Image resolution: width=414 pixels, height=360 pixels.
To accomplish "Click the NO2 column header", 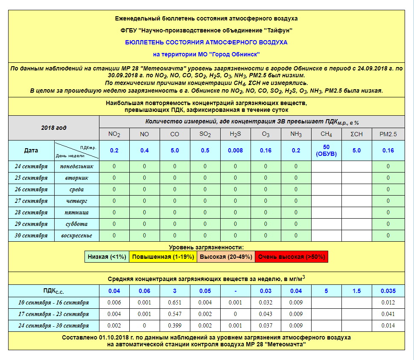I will point(114,134).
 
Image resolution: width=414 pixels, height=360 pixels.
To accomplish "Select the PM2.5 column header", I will point(388,134).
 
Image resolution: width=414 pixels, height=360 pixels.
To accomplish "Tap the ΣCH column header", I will point(356,134).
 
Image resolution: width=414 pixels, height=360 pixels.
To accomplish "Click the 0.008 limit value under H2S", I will point(236,150).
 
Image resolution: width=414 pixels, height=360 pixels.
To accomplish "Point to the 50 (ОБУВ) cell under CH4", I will point(326,150).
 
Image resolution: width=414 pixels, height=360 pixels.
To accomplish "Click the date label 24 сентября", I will point(31,166).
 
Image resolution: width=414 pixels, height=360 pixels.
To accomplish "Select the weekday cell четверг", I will point(77,201).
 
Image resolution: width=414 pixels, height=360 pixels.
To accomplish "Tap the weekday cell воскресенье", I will point(77,235).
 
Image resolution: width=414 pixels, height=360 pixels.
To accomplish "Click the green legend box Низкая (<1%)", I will point(107,257).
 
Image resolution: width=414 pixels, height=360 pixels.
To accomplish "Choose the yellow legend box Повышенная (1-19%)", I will point(163,257).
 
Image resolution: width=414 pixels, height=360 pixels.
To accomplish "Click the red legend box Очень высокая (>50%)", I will point(292,257).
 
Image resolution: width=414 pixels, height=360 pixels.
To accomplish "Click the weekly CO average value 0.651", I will point(175,303).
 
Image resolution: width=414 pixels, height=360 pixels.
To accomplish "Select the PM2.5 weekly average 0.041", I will point(388,314).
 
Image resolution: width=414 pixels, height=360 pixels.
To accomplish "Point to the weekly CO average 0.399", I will point(175,326).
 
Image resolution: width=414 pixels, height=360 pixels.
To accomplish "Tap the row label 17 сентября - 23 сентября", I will point(54,314).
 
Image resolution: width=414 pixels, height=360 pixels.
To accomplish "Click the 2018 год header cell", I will point(54,128).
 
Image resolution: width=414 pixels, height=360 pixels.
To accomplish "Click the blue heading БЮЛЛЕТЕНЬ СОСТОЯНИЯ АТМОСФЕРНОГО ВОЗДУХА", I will point(206,42).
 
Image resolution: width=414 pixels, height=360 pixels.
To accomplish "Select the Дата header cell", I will point(31,150).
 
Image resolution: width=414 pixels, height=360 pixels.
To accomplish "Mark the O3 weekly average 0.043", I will point(266,314).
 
